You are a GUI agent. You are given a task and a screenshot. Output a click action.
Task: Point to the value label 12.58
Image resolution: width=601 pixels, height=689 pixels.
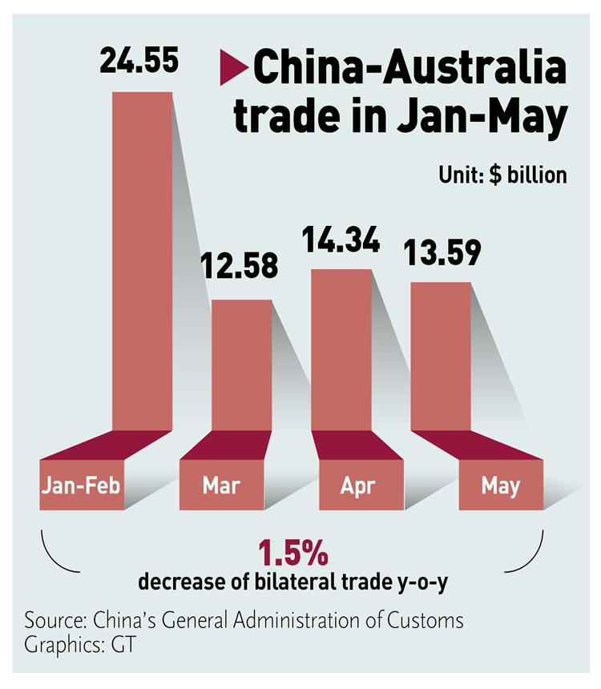pos(240,265)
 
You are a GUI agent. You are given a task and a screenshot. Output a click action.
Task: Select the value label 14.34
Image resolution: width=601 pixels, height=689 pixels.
pos(341,240)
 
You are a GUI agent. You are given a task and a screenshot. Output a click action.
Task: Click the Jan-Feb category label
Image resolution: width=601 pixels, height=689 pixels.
pos(81,486)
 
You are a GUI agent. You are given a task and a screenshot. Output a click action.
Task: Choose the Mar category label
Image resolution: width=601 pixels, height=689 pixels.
pos(221,486)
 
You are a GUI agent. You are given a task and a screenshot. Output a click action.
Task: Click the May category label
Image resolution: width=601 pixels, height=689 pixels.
pos(501,486)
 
